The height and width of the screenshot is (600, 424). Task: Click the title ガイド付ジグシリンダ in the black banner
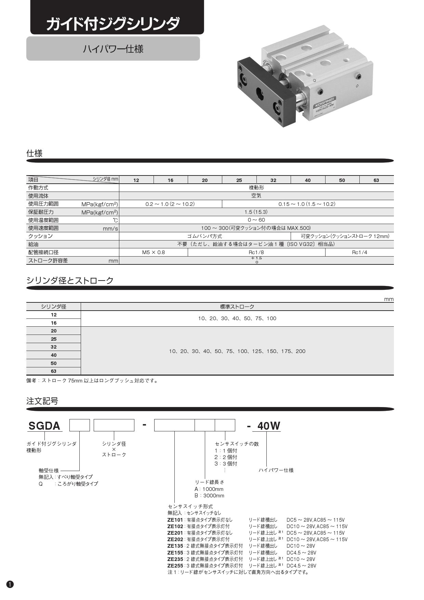113,24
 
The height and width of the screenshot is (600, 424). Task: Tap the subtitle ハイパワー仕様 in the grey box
113,49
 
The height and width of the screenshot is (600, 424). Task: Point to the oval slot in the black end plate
260,92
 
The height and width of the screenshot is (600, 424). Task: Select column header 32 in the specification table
273,180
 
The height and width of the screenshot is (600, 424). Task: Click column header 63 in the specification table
376,180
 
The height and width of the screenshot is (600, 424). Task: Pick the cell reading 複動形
256,188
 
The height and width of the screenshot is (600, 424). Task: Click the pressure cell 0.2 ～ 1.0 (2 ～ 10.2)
170,204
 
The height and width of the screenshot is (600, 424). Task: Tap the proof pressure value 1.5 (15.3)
256,212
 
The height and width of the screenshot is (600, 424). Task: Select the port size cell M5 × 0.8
153,252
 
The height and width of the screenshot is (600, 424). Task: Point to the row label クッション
40,236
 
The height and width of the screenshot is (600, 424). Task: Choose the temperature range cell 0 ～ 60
256,220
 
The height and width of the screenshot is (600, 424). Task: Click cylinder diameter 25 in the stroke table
54,339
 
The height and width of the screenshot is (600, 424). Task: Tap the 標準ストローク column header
237,307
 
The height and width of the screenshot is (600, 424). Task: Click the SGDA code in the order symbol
44,426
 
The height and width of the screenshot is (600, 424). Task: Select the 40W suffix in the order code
269,426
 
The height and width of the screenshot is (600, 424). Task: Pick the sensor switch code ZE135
175,546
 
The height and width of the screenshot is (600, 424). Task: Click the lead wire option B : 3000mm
209,496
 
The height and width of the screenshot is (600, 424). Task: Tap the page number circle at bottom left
10,584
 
